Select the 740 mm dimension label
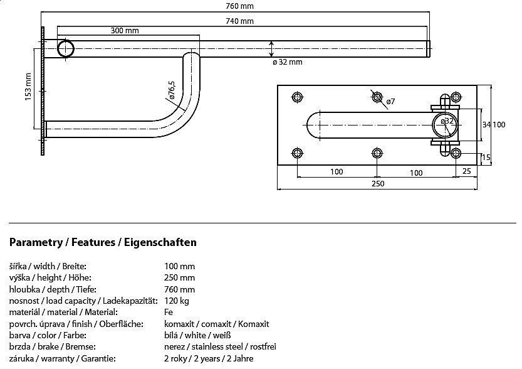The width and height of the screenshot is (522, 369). (239, 21)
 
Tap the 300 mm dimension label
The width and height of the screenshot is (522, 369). (125, 31)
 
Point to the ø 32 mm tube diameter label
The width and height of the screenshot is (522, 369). (288, 62)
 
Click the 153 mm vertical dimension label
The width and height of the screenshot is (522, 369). (28, 87)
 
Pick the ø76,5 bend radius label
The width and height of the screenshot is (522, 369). (171, 90)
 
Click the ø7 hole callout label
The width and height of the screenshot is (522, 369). (389, 102)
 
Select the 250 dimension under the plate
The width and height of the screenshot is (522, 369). (377, 183)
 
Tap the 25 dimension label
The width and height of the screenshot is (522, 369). (466, 171)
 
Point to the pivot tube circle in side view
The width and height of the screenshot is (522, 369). (66, 48)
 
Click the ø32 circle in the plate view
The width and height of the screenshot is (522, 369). (446, 124)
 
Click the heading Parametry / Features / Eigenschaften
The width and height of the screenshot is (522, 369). (103, 242)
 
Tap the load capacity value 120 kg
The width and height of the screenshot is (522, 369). (177, 301)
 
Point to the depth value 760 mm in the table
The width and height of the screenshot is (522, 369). (179, 289)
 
